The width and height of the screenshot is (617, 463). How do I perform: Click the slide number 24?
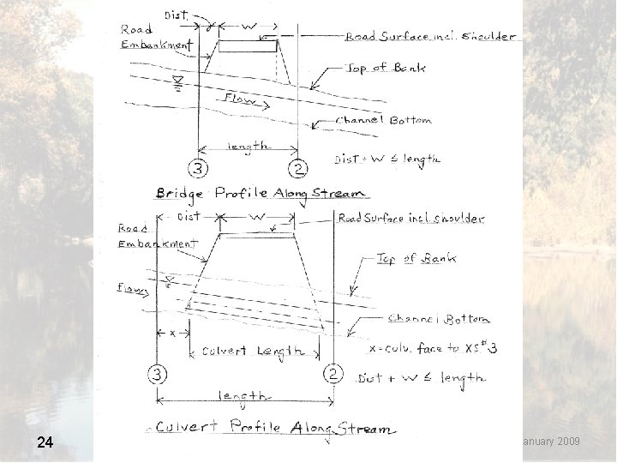(45, 442)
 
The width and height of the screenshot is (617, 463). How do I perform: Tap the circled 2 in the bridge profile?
(297, 167)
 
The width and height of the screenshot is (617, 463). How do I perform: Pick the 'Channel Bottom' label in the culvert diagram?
(439, 319)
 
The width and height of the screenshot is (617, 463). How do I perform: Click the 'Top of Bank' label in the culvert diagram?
(416, 257)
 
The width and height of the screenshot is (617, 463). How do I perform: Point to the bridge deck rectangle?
(248, 45)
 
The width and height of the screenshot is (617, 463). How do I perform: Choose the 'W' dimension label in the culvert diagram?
(256, 218)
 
